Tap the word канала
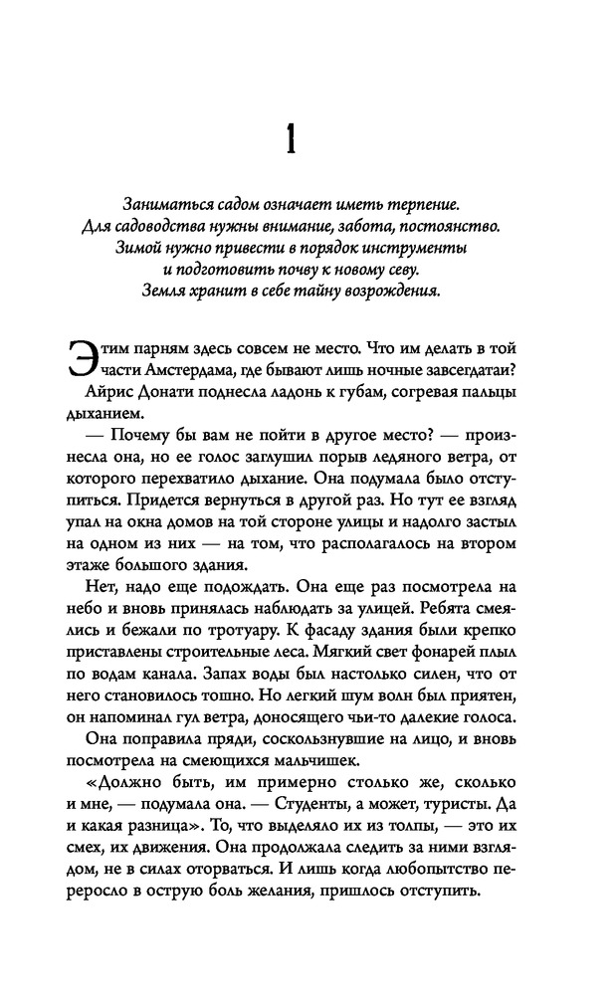pyautogui.click(x=172, y=673)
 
